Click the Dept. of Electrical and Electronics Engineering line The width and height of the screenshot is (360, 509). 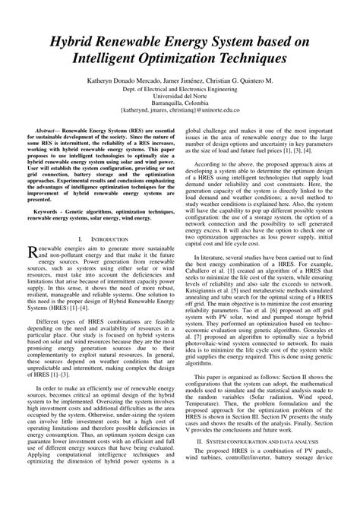tap(180, 90)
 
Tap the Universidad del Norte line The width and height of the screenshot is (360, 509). tap(180, 97)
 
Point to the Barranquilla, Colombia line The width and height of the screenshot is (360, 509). tap(180, 105)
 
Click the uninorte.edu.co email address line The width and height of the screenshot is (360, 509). tap(180, 112)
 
